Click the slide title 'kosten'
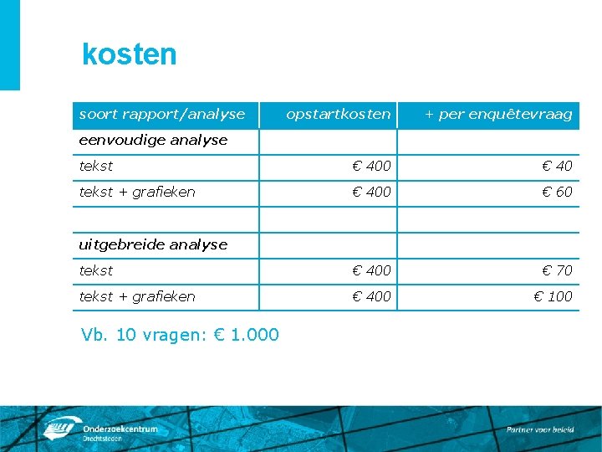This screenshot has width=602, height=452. click(130, 54)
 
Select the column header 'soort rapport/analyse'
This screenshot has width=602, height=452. click(162, 114)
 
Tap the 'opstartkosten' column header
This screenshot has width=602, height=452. click(338, 114)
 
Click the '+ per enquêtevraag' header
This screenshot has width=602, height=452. click(498, 114)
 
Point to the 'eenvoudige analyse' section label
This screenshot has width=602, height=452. click(153, 140)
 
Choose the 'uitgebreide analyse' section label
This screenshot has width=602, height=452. click(153, 244)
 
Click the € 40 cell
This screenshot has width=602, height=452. click(557, 167)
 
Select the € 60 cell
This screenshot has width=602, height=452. click(557, 192)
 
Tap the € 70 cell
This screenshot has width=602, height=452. click(557, 270)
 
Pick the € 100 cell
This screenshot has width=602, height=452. click(554, 296)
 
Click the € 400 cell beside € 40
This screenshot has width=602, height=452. click(371, 167)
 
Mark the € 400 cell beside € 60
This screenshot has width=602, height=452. click(371, 192)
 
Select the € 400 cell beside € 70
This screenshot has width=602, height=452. click(371, 270)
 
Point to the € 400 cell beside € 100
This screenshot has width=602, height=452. click(371, 296)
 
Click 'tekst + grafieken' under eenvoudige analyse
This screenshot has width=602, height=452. click(137, 192)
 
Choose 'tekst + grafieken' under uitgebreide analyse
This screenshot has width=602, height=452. click(137, 296)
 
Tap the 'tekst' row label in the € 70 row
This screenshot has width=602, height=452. click(96, 270)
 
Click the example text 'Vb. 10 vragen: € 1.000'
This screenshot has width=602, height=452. click(181, 335)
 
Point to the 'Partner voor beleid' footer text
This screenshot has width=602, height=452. click(540, 429)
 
